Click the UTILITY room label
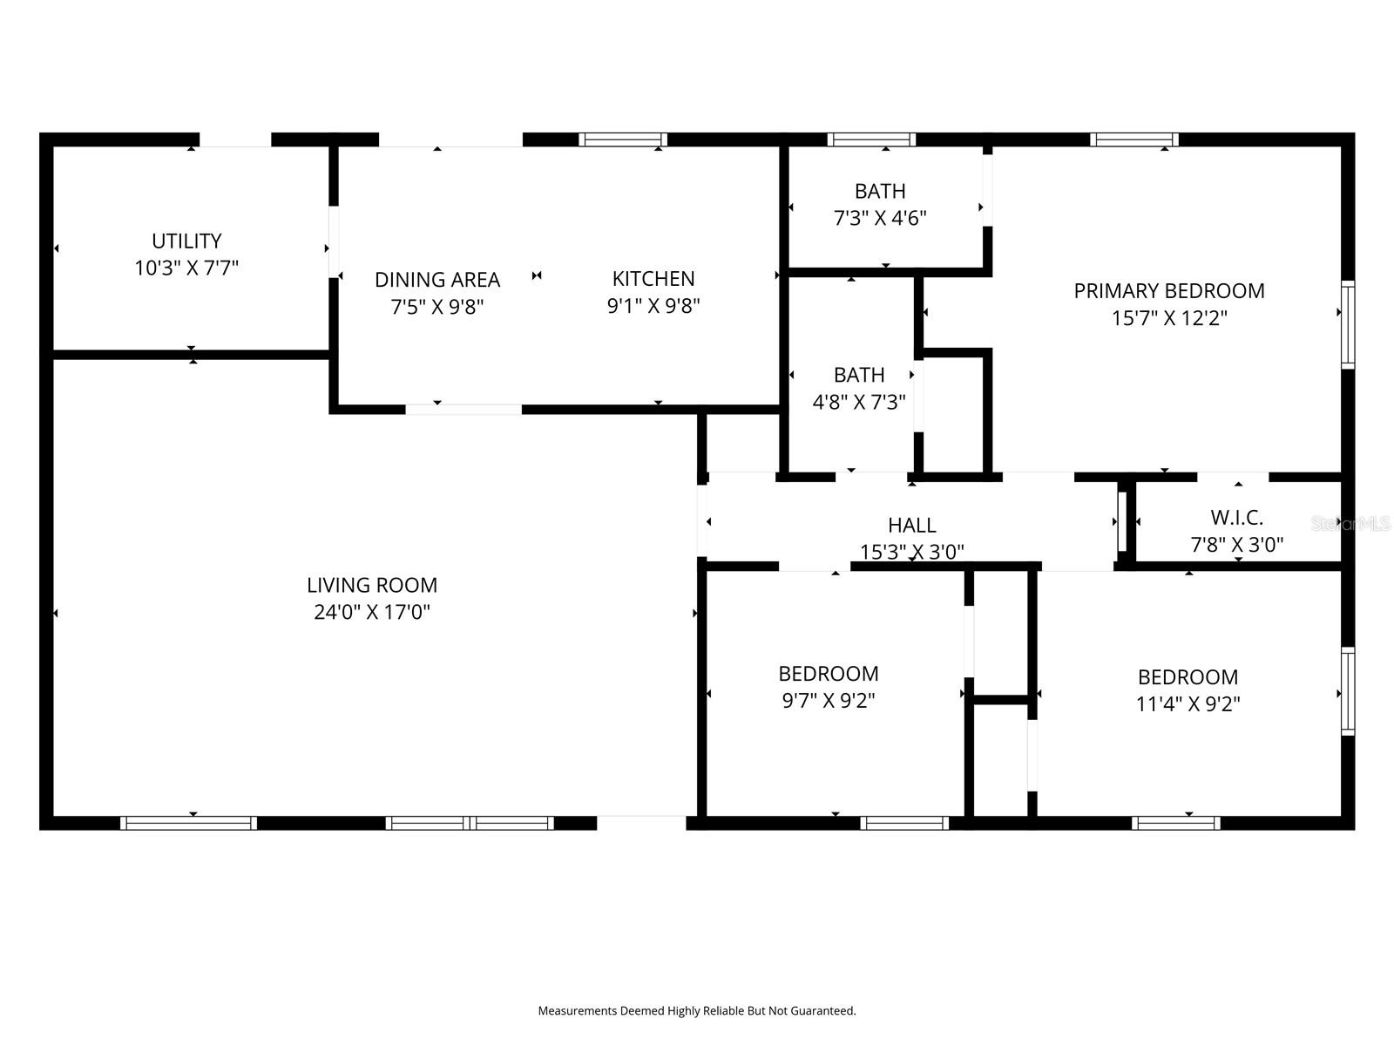(186, 241)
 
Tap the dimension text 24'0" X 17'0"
(372, 612)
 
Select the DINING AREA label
(437, 280)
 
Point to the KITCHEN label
(653, 279)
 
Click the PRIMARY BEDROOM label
(1169, 291)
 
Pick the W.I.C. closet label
(1236, 518)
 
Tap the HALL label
(912, 526)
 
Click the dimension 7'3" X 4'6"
(880, 219)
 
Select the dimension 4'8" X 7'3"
(859, 402)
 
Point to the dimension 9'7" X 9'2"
(829, 701)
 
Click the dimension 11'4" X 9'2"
(1188, 704)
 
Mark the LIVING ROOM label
(372, 585)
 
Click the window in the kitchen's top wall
(622, 139)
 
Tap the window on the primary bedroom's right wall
(1348, 324)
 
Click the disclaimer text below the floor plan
(697, 1011)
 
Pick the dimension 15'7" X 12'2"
(1169, 318)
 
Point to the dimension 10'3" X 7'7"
(186, 268)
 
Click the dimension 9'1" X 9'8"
(653, 306)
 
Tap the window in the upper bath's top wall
(871, 139)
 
